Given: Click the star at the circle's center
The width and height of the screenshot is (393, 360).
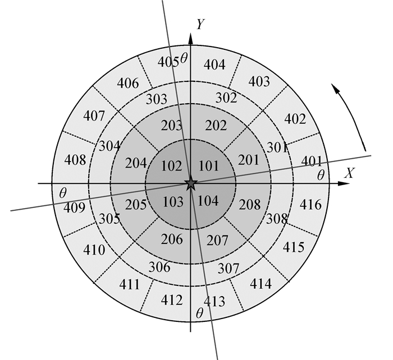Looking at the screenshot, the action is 191,183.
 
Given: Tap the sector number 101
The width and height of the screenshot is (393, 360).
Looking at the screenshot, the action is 208,166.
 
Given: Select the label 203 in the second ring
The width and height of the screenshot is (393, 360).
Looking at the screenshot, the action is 171,125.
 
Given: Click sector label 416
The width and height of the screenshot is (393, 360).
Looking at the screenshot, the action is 311,205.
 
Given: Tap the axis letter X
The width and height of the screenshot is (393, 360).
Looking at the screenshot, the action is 350,173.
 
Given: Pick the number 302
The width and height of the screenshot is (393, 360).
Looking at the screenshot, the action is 226,98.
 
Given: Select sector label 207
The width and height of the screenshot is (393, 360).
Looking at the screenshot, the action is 217,241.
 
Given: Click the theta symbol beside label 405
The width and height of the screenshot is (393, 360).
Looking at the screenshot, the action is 184,58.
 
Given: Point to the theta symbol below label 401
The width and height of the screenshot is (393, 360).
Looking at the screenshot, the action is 321,175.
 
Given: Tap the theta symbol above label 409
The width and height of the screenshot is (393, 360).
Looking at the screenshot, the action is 62,192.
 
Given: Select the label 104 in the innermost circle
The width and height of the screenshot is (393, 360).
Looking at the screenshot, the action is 209,200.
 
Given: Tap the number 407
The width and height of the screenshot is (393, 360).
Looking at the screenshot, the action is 94,116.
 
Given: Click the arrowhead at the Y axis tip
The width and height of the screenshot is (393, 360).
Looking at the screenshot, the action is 191,38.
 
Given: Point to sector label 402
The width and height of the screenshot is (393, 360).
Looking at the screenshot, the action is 295,119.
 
